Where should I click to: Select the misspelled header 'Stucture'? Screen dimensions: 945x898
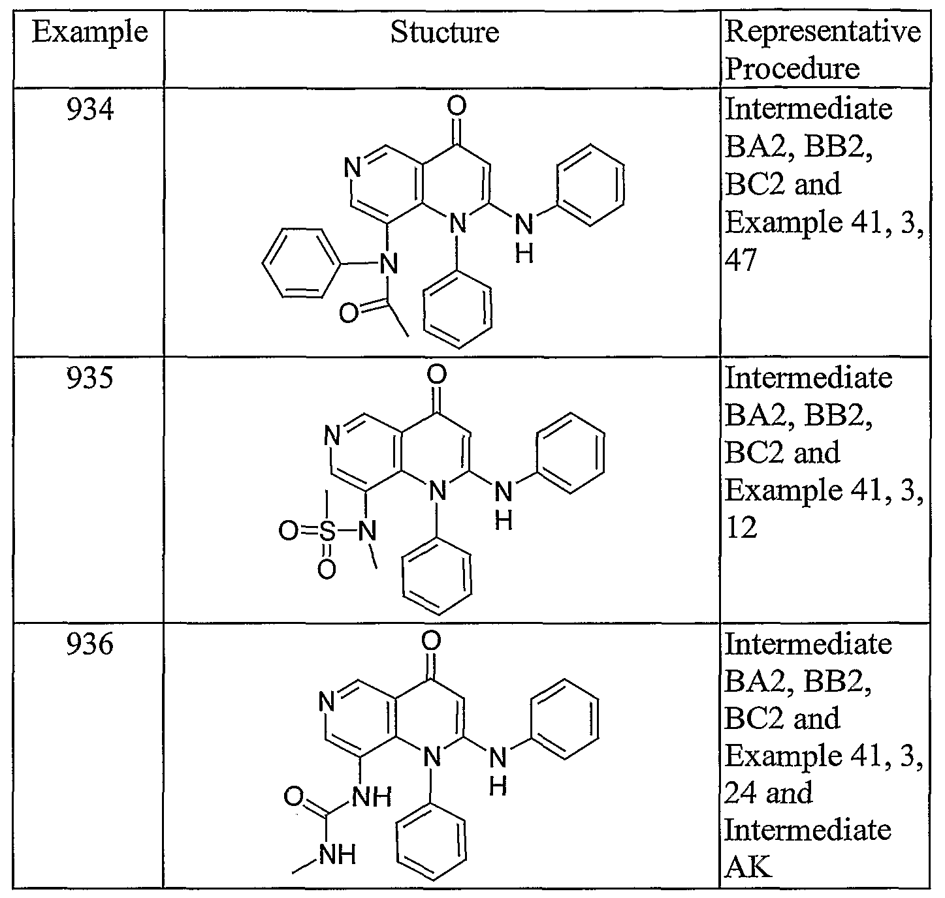pyautogui.click(x=445, y=32)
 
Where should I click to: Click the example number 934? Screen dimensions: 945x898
pyautogui.click(x=90, y=109)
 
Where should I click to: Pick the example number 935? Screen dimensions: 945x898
pyautogui.click(x=90, y=378)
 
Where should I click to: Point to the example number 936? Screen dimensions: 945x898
pyautogui.click(x=90, y=644)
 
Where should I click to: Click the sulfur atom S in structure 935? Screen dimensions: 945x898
pyautogui.click(x=327, y=531)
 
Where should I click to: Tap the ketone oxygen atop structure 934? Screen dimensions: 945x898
pyautogui.click(x=456, y=106)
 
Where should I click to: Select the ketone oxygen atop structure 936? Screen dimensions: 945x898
pyautogui.click(x=430, y=640)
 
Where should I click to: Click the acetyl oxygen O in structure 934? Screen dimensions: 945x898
pyautogui.click(x=349, y=313)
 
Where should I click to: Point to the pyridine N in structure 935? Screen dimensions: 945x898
pyautogui.click(x=332, y=436)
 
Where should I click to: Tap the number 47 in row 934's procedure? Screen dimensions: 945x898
pyautogui.click(x=741, y=260)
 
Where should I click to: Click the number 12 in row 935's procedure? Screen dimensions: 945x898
pyautogui.click(x=741, y=527)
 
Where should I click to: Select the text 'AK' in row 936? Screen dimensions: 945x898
pyautogui.click(x=748, y=867)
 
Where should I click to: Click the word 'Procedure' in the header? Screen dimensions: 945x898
pyautogui.click(x=792, y=69)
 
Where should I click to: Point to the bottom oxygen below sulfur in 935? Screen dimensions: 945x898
pyautogui.click(x=327, y=570)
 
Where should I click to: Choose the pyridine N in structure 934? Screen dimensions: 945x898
pyautogui.click(x=353, y=168)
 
